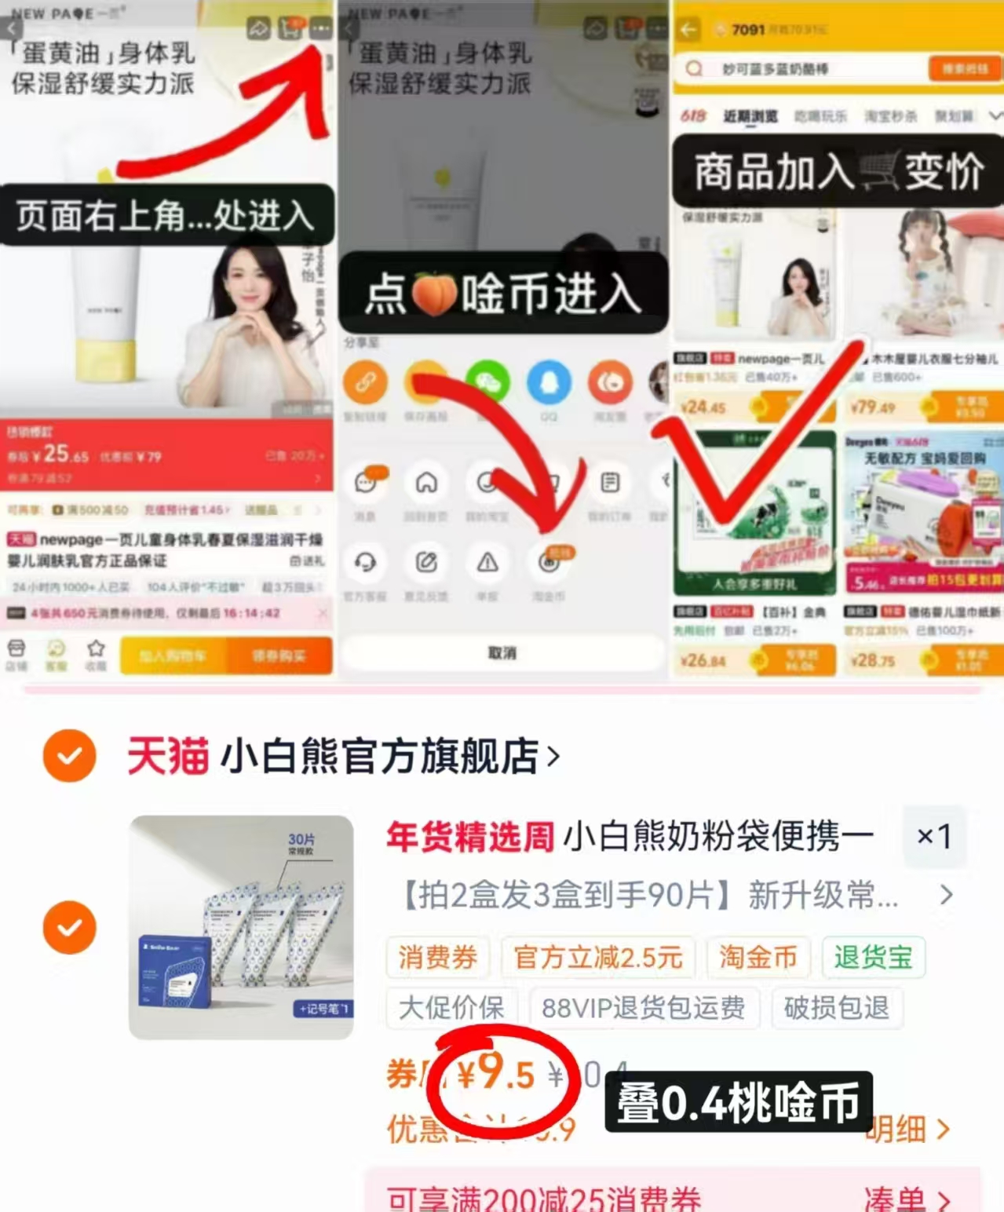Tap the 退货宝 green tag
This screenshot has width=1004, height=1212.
[x=873, y=958]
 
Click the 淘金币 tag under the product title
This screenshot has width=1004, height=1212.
[x=758, y=958]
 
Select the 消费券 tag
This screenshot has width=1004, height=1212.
[x=437, y=958]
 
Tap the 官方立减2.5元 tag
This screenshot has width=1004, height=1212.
[x=597, y=958]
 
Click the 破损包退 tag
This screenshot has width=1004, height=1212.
[x=836, y=1008]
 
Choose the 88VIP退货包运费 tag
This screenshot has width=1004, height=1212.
[x=644, y=1008]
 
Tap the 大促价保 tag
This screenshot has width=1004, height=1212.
[x=451, y=1008]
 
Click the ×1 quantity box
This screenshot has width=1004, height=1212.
[x=933, y=837]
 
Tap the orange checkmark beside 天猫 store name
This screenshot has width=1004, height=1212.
[x=70, y=756]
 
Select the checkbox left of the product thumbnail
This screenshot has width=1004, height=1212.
[x=70, y=927]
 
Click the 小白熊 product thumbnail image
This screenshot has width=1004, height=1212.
[x=241, y=927]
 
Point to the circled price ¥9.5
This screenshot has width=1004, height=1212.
[x=496, y=1074]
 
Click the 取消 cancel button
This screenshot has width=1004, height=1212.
[x=502, y=653]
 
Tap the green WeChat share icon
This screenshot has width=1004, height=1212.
[x=487, y=382]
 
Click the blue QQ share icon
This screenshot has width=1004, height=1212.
[x=549, y=382]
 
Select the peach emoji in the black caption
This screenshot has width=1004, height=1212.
[x=434, y=294]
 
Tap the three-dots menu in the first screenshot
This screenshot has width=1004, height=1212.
[x=320, y=28]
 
